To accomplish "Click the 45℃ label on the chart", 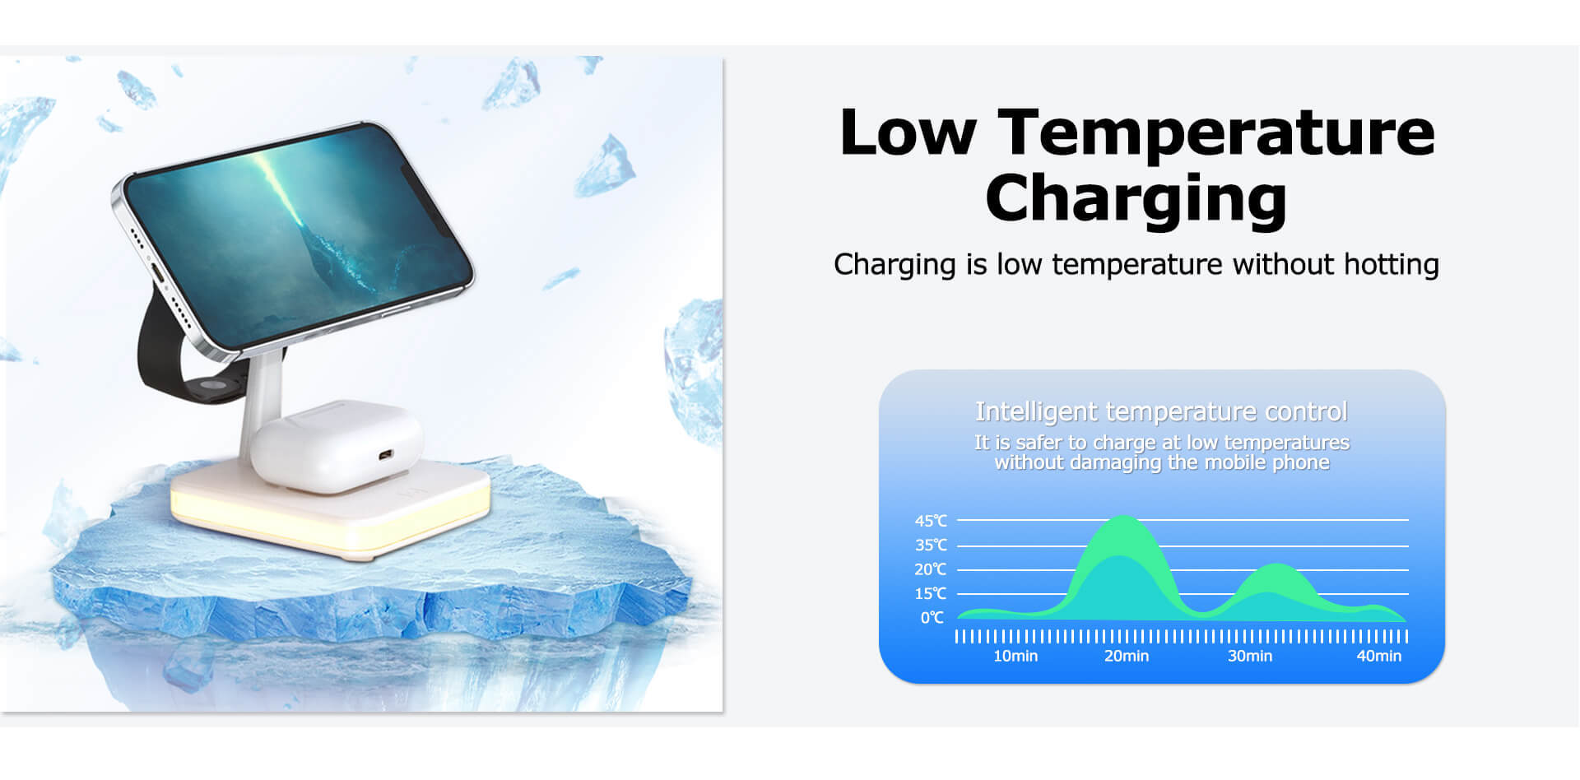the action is (x=931, y=521).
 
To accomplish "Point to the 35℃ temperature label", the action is (x=931, y=545).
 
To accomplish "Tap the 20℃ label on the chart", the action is (x=931, y=569).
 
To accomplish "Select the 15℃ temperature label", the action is (x=931, y=593).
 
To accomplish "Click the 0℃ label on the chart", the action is (x=932, y=618).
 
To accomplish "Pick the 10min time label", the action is (x=1015, y=656).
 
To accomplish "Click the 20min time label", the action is (x=1127, y=656).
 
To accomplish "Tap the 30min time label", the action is (x=1250, y=656).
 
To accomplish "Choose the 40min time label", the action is (x=1379, y=656).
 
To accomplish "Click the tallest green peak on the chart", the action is (x=1124, y=518).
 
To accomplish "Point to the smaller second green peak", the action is (x=1276, y=565).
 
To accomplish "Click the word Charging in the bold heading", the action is (x=1136, y=200).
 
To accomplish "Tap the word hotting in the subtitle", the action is (x=1391, y=264).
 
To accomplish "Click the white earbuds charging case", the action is (x=337, y=445).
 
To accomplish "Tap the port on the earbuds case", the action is (x=384, y=455).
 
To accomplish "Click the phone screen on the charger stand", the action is (x=298, y=235).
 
